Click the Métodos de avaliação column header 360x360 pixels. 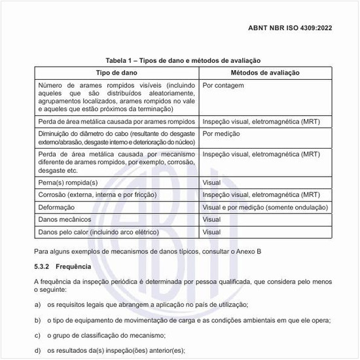(264, 72)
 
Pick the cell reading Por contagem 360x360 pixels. (223, 86)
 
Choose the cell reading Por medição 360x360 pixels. (221, 133)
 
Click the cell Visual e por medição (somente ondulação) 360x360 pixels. (264, 207)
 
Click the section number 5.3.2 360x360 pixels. (43, 267)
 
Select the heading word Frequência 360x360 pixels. (73, 267)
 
